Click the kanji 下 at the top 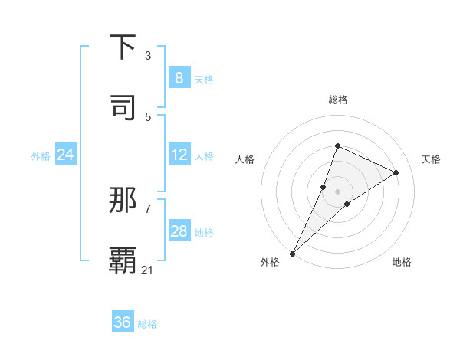(123, 47)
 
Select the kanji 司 (123, 107)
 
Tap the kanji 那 (123, 201)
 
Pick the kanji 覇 (123, 260)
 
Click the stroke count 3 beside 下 (148, 56)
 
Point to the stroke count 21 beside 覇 (148, 269)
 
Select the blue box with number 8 (179, 78)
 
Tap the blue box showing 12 (179, 155)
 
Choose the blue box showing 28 (179, 231)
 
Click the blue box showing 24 (65, 155)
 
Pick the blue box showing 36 (123, 322)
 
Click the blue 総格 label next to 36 (147, 324)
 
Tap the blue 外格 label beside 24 (41, 156)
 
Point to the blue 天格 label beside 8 (204, 80)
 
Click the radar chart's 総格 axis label (337, 100)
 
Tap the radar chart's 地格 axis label (402, 262)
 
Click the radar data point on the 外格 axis (292, 253)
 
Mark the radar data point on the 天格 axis (396, 172)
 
